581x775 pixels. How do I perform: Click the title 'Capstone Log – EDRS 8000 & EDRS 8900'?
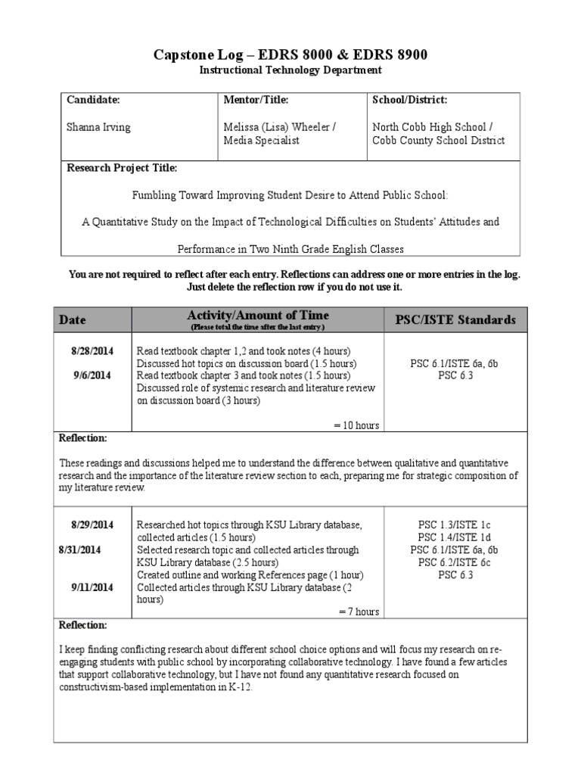pyautogui.click(x=290, y=54)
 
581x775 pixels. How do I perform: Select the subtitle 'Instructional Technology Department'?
pyautogui.click(x=290, y=70)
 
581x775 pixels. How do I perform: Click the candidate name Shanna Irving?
pyautogui.click(x=98, y=127)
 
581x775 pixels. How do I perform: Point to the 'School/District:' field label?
pyautogui.click(x=409, y=100)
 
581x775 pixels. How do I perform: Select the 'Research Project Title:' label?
pyautogui.click(x=122, y=168)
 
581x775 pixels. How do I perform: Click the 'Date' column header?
pyautogui.click(x=73, y=320)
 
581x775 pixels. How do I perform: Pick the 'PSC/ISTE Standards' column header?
pyautogui.click(x=455, y=320)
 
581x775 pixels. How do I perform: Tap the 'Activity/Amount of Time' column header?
pyautogui.click(x=258, y=316)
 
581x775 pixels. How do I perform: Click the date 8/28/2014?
pyautogui.click(x=92, y=350)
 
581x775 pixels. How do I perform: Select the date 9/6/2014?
pyautogui.click(x=92, y=375)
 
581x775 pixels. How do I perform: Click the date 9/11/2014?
pyautogui.click(x=92, y=587)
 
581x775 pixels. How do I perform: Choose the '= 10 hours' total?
pyautogui.click(x=356, y=425)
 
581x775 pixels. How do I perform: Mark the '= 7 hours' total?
pyautogui.click(x=359, y=612)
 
